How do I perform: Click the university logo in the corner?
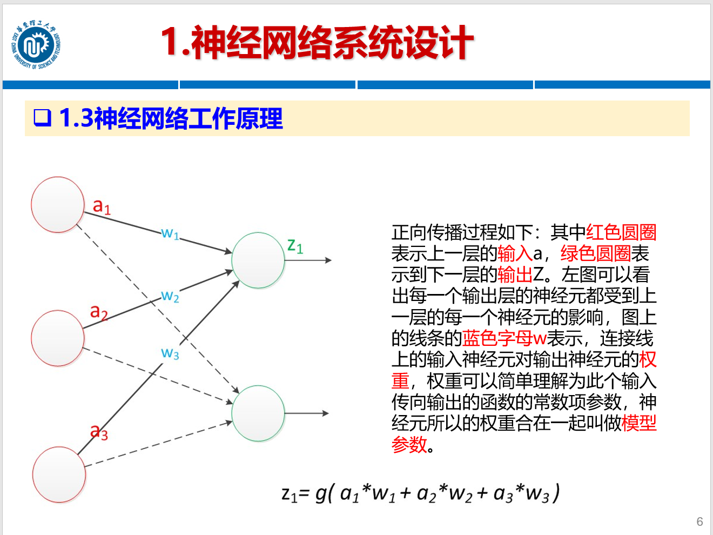click(36, 46)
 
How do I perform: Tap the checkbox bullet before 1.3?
click(42, 117)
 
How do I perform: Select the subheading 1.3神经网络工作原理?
click(170, 118)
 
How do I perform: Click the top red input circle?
click(58, 205)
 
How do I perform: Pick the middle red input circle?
click(58, 338)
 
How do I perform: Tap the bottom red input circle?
click(59, 474)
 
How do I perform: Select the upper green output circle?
click(258, 260)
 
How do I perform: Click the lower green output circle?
click(258, 413)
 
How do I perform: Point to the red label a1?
click(102, 206)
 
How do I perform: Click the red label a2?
click(99, 312)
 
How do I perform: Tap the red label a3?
click(99, 432)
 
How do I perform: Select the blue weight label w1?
click(170, 233)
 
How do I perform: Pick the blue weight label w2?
click(170, 296)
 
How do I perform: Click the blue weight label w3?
click(170, 353)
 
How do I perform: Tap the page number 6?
click(699, 521)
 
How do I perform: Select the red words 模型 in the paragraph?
click(639, 423)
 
